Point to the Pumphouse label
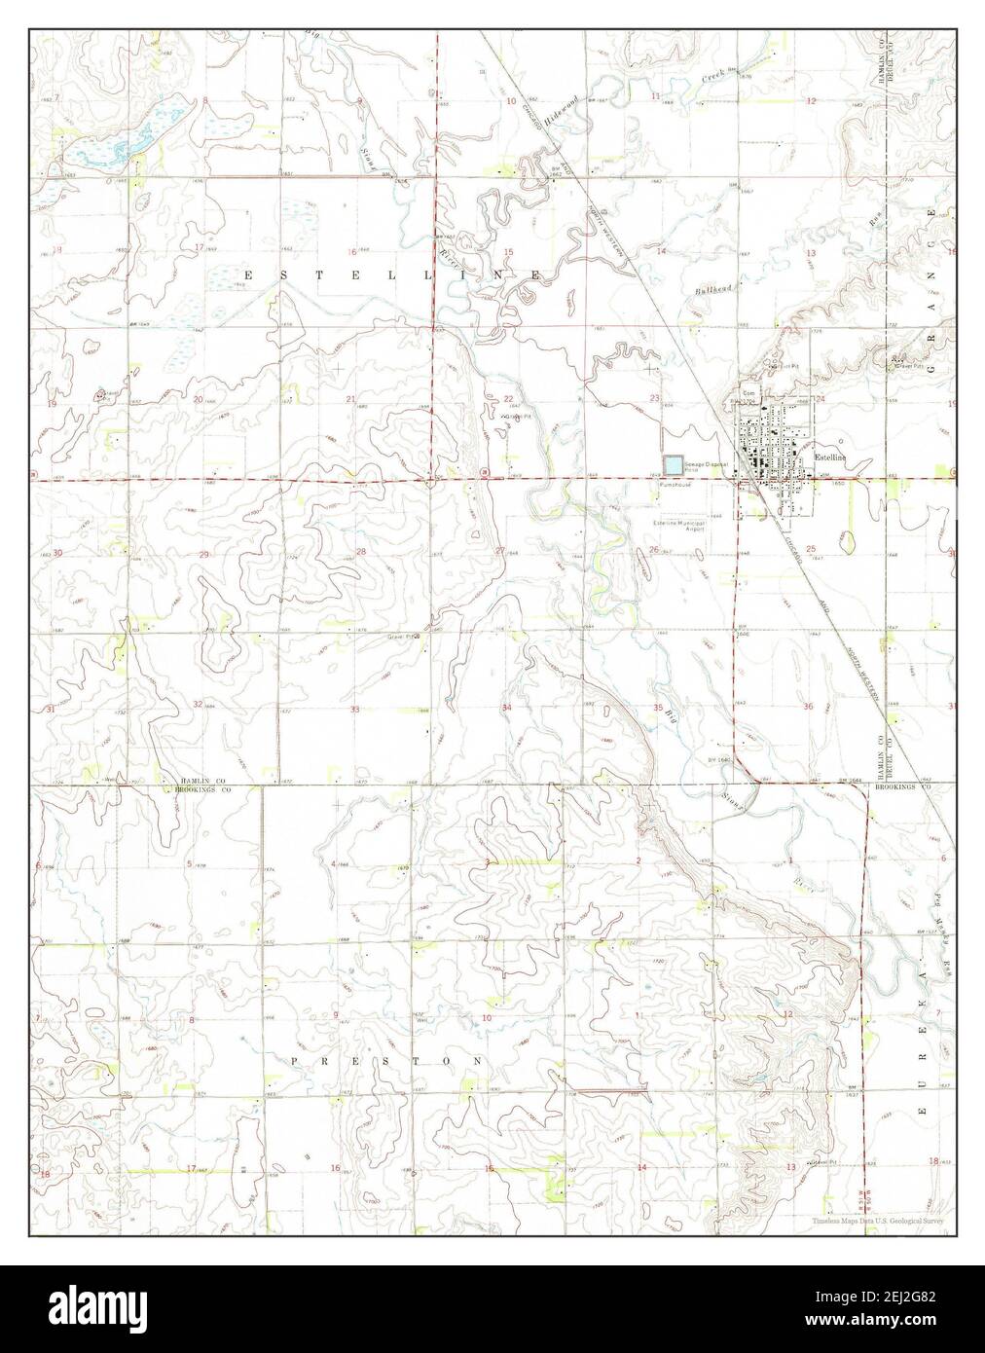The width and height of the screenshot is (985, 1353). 674,484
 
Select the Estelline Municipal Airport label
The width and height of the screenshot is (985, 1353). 679,526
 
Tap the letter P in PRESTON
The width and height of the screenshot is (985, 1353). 295,1060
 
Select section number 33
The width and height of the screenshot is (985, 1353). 356,710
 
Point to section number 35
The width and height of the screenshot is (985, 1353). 658,708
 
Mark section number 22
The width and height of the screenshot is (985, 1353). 507,400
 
